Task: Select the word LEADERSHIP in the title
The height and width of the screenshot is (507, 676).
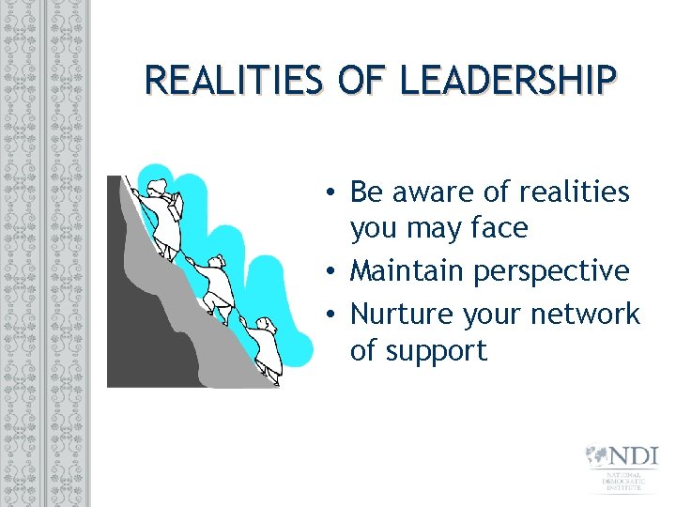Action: (508, 81)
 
